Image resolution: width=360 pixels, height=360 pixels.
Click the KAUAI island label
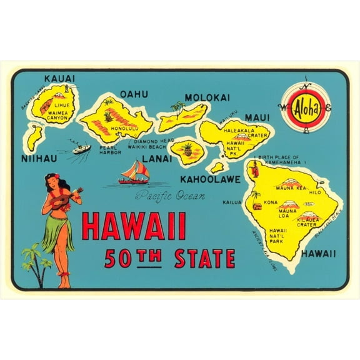click(x=59, y=79)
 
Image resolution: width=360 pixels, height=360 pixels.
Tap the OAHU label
click(x=134, y=94)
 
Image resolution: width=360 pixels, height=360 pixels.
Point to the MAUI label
click(x=256, y=117)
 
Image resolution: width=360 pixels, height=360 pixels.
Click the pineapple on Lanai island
click(x=187, y=149)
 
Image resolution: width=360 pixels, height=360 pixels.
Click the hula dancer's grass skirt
click(x=57, y=231)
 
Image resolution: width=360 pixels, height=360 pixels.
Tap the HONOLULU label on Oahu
click(x=122, y=129)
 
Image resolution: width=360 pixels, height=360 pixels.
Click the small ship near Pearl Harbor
click(x=82, y=149)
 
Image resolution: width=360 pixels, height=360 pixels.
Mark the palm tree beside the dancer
click(x=35, y=262)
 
